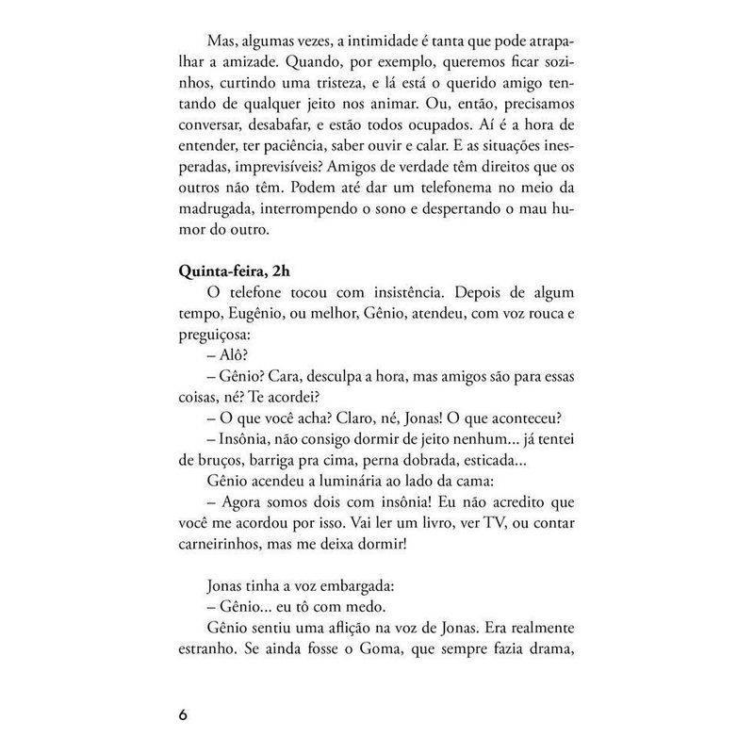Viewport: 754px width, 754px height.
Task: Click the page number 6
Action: (x=184, y=713)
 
